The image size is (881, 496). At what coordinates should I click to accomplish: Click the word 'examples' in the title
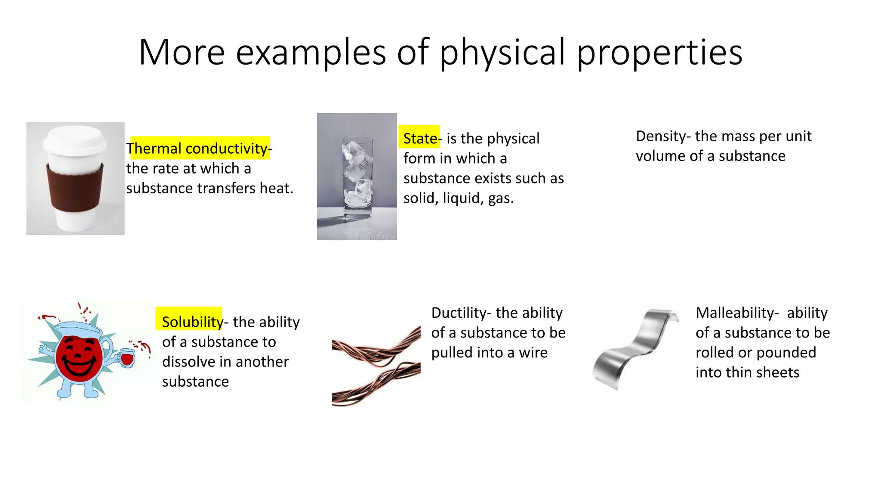pyautogui.click(x=311, y=53)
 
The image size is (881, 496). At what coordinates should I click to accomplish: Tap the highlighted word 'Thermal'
pyautogui.click(x=154, y=149)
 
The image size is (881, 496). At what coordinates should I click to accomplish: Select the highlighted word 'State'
pyautogui.click(x=420, y=138)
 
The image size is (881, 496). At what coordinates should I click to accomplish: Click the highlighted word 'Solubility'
pyautogui.click(x=192, y=322)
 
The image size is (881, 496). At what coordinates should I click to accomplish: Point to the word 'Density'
pyautogui.click(x=661, y=136)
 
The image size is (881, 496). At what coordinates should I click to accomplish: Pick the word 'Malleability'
pyautogui.click(x=735, y=313)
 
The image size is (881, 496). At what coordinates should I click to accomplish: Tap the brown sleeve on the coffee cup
pyautogui.click(x=75, y=189)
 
